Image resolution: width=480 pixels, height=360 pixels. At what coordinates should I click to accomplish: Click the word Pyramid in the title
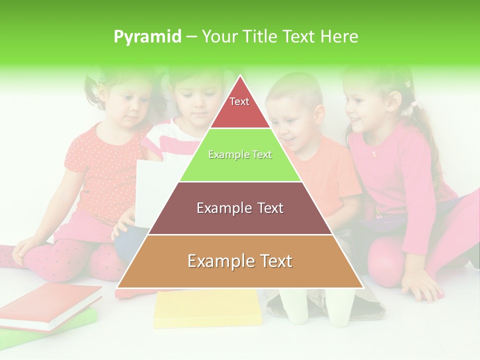pos(147,36)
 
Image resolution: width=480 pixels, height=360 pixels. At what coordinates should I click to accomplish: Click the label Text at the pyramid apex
pos(239,101)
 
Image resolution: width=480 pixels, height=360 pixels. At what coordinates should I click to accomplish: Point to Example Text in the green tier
pos(240,154)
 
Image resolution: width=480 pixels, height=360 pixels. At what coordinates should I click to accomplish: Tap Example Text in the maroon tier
pos(240,208)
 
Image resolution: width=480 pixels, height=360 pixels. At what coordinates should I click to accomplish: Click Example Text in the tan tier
pos(240,261)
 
